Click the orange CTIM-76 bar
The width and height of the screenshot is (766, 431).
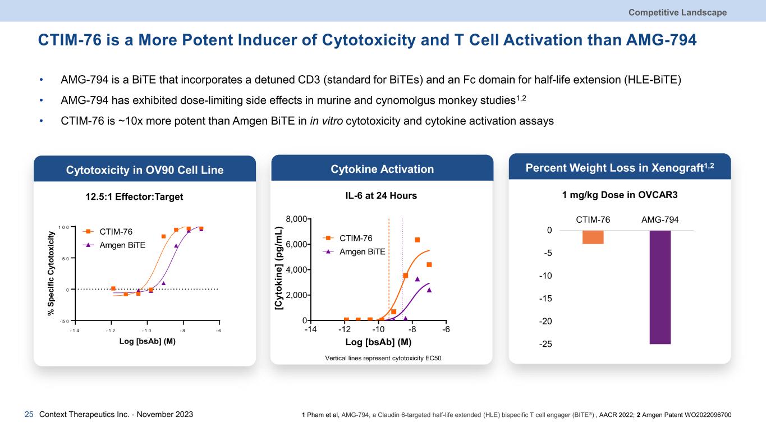click(593, 237)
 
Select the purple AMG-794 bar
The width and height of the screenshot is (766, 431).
click(660, 286)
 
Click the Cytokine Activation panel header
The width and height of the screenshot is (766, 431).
click(382, 169)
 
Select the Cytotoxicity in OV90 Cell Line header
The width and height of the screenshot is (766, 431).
click(145, 169)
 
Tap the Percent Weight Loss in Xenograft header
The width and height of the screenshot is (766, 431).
click(620, 167)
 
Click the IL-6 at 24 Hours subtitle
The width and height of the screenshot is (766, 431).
click(382, 196)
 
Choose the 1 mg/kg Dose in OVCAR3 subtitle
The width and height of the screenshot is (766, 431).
click(620, 196)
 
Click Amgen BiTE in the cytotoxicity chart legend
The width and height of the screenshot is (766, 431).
click(122, 245)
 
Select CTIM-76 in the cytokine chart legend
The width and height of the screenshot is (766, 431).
click(356, 238)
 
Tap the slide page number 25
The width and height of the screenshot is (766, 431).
click(29, 415)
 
